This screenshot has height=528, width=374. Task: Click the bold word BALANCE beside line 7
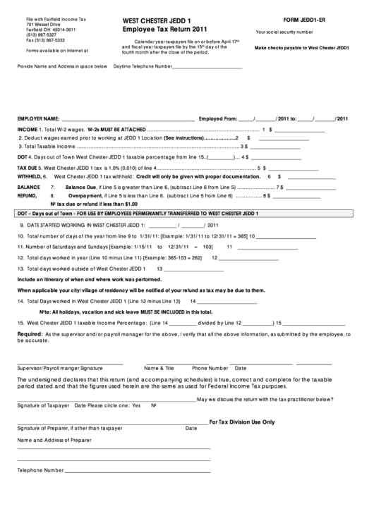29,188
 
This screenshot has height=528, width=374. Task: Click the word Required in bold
30,333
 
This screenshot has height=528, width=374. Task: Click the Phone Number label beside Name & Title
210,367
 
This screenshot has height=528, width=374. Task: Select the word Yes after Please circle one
136,406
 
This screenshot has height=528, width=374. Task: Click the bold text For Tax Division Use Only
241,422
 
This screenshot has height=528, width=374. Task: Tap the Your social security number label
285,32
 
